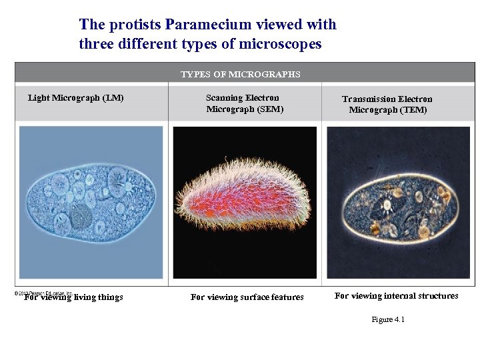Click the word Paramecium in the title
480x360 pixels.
(206, 25)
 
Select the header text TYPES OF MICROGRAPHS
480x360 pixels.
(241, 74)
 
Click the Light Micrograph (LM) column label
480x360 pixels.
(75, 98)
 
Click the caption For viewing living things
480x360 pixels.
(73, 297)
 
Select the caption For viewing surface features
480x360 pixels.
(247, 297)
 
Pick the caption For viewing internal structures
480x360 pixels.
(396, 296)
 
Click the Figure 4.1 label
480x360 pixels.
(387, 320)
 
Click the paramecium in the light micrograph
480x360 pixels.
(90, 201)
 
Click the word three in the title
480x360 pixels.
(98, 44)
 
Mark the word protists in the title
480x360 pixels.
(135, 25)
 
